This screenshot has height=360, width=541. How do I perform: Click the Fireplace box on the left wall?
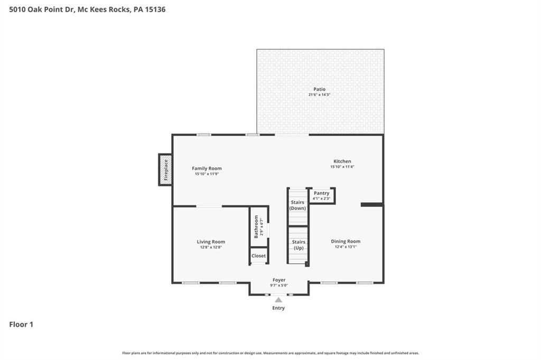165,169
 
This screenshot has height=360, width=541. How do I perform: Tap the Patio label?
319,89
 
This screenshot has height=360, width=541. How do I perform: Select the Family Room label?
207,168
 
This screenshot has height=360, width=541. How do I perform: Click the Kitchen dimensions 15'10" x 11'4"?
342,167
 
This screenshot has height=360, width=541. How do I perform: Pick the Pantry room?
321,195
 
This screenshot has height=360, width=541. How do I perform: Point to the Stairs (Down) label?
297,205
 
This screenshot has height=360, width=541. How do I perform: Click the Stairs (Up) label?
298,244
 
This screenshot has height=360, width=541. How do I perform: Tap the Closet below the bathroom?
259,256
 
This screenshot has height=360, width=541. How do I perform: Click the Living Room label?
211,242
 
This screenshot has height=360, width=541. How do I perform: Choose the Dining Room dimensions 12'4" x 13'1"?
346,247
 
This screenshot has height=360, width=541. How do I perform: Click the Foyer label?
279,280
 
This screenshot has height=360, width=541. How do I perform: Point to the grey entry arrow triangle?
278,300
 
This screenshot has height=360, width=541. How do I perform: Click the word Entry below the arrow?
278,308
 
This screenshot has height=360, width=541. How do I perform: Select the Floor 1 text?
21,325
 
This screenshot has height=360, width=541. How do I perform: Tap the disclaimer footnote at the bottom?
270,353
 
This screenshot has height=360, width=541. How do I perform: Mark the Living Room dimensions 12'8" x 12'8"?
210,247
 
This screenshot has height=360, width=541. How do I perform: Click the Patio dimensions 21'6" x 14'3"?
319,94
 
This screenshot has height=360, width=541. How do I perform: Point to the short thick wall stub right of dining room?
372,204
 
